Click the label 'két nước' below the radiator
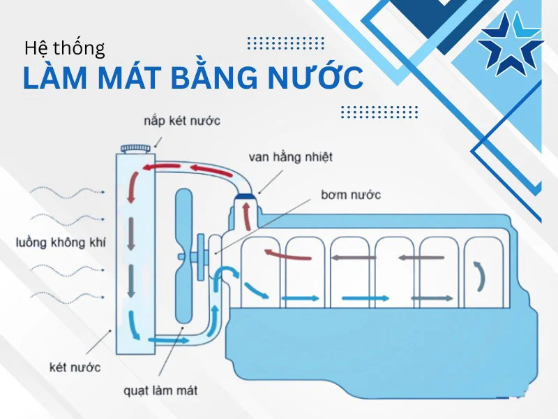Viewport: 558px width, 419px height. pos(75,367)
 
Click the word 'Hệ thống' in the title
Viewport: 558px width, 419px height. pos(64,49)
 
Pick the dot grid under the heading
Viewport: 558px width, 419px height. pos(379,112)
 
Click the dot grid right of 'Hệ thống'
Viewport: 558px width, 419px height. pos(285,43)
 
